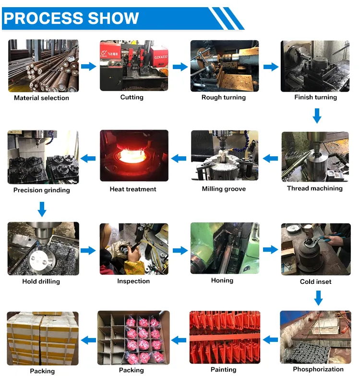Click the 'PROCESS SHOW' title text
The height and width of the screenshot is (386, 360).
point(71,18)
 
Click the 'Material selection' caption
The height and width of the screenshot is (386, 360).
point(41,98)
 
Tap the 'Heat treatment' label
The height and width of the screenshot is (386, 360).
point(133,189)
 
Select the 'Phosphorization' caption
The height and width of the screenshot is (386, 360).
point(318,369)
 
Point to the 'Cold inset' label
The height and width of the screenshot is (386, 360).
point(316,281)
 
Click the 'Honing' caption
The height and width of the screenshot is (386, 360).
point(222,281)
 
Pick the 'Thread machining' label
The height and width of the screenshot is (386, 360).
point(315,188)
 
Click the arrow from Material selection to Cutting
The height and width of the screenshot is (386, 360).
point(89,66)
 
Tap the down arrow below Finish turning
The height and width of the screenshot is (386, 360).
point(317,116)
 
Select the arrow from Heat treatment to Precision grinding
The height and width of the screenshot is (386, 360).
point(88,158)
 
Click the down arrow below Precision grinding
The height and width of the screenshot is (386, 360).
point(42,209)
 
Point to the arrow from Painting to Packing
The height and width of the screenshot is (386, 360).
point(179,340)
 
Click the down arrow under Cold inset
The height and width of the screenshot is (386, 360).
point(318,298)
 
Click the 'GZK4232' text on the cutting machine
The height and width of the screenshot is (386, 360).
point(161,57)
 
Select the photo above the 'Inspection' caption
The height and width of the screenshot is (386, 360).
point(134,249)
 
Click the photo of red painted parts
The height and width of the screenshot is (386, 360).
point(225,337)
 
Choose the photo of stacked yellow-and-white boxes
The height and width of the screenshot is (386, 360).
point(43,338)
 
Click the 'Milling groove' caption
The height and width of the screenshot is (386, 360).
point(224,189)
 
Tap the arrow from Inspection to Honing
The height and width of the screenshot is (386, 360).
point(180,251)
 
